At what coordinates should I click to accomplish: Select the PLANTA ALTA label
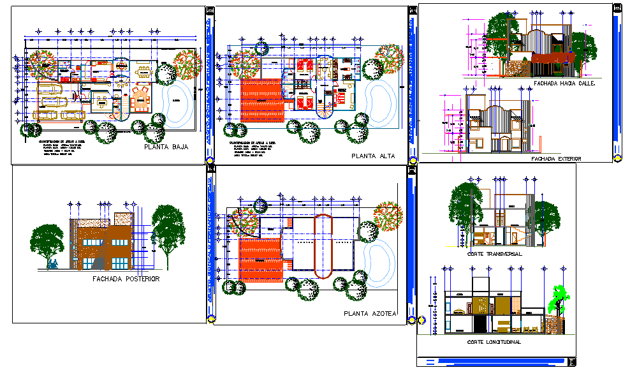[x=373, y=156]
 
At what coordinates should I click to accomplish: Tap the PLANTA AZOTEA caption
[x=370, y=313]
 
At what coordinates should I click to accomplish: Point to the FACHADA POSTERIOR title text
[x=126, y=279]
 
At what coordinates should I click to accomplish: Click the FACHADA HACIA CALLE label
[x=564, y=83]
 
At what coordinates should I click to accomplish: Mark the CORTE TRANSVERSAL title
[x=494, y=253]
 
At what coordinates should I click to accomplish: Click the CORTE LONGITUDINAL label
[x=494, y=342]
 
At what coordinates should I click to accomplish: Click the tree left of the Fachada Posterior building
[x=48, y=242]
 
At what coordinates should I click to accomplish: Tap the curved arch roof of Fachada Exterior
[x=494, y=115]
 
